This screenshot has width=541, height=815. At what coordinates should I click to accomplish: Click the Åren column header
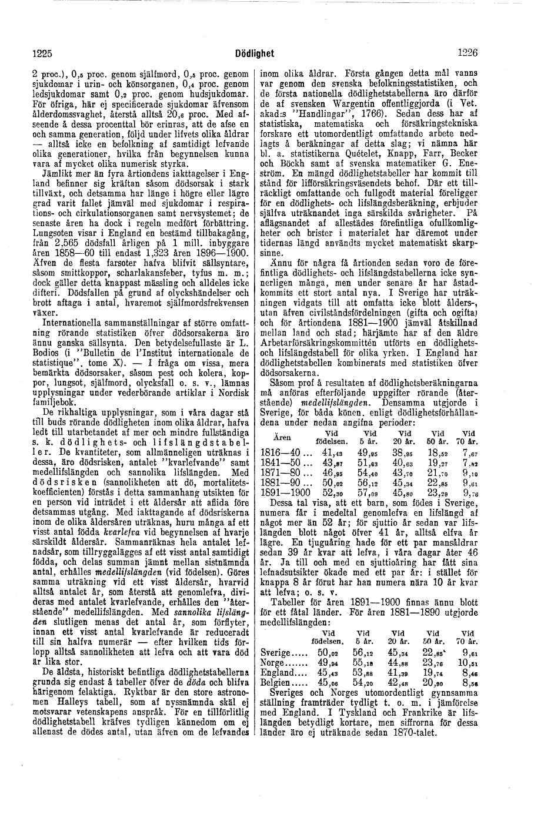(284, 437)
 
